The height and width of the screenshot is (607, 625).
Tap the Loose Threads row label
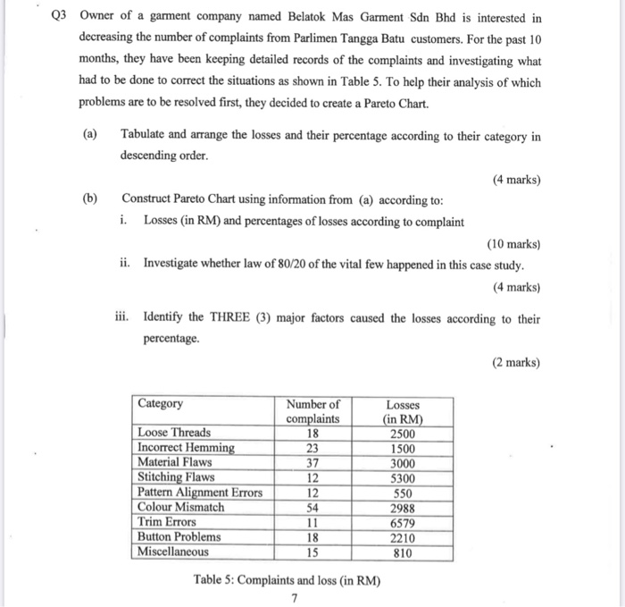coord(174,433)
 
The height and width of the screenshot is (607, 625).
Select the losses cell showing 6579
coord(403,522)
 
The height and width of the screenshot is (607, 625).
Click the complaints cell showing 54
coord(313,507)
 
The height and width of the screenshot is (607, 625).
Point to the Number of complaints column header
coord(312,411)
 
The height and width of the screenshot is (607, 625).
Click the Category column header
coord(161,403)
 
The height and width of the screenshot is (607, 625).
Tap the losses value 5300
coord(403,477)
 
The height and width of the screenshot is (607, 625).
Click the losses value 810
coord(403,552)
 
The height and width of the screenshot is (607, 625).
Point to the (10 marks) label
coord(513,243)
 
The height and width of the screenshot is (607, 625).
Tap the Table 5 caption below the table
coord(286,580)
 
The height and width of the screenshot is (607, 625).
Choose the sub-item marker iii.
coord(126,318)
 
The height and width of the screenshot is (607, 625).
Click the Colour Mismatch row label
coord(180,507)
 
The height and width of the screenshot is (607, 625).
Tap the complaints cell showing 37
coord(313,462)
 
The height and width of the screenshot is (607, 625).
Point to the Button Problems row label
coord(179,537)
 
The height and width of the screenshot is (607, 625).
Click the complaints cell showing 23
coord(313,448)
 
